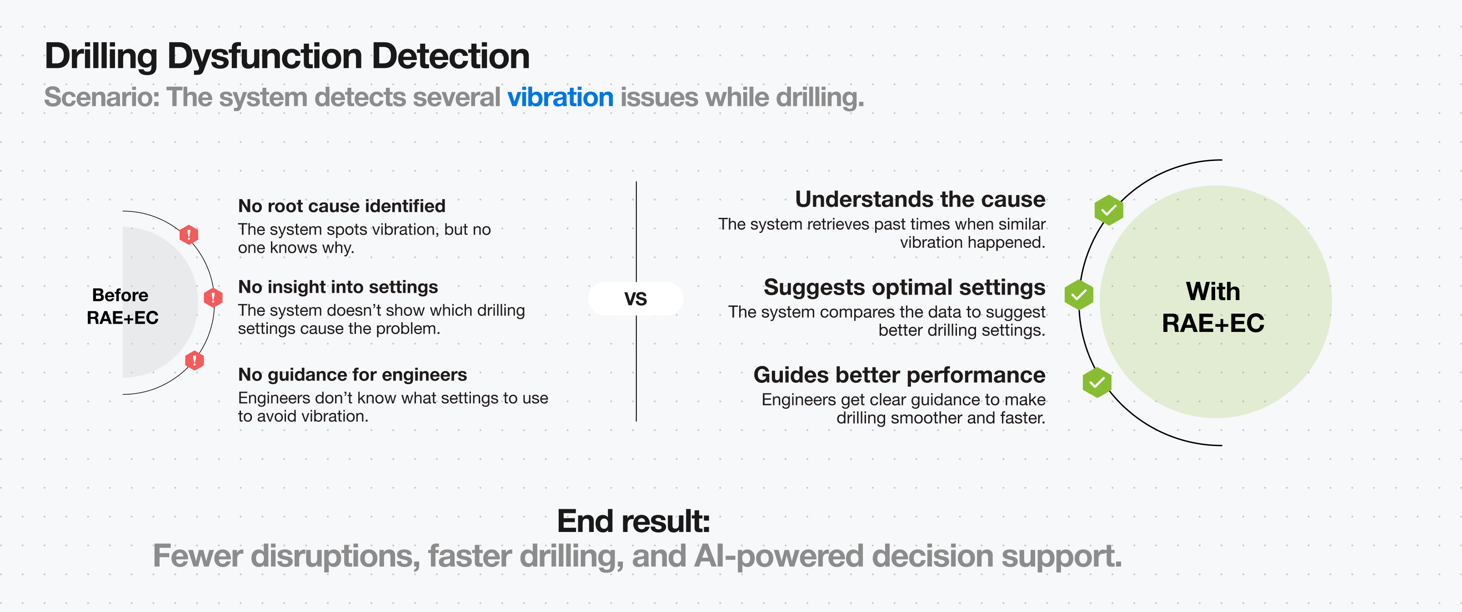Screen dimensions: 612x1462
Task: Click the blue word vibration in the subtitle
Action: [560, 97]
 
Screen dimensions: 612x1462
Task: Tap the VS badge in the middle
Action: [635, 299]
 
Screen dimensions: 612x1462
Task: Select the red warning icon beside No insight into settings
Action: [213, 297]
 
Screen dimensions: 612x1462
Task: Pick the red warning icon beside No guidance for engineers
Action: [194, 360]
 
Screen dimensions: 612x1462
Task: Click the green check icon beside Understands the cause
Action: [1108, 211]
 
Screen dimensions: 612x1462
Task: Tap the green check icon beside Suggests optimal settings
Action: [1078, 295]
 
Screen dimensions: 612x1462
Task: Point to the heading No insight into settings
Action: [338, 287]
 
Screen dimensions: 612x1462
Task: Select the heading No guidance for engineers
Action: [352, 375]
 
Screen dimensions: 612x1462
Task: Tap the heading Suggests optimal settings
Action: [904, 287]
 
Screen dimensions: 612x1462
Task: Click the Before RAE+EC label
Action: [122, 306]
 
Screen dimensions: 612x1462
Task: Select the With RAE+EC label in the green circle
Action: [1213, 307]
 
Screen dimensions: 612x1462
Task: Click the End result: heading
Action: [633, 521]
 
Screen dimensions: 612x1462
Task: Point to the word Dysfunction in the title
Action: [265, 56]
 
